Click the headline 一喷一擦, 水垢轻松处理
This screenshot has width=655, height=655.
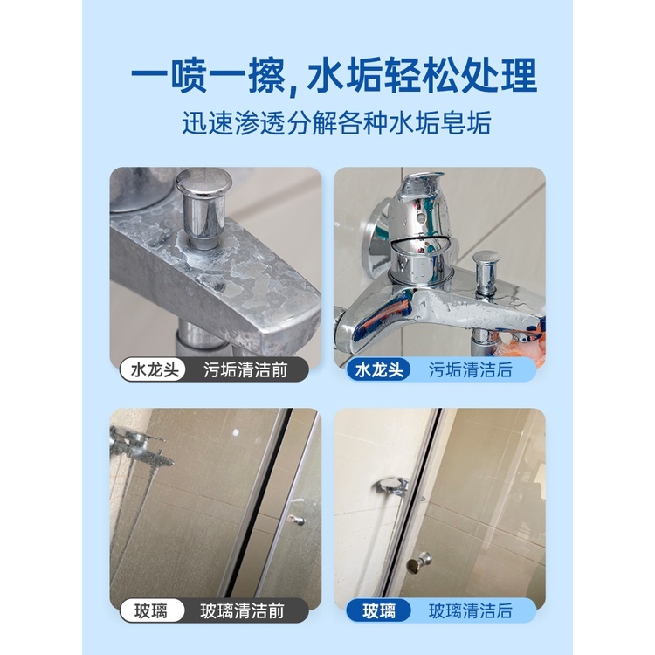(334, 76)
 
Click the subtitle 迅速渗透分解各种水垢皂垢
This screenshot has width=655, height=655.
(336, 123)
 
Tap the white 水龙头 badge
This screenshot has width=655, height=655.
(153, 369)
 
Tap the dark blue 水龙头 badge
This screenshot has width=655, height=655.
(378, 369)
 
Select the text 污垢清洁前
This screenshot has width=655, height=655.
(245, 370)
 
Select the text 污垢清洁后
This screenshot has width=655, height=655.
(471, 370)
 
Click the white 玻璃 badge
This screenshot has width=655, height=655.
(152, 610)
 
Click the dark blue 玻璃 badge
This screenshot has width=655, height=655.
(378, 610)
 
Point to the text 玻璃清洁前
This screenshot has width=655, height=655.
(242, 611)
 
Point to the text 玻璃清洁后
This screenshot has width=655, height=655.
(471, 611)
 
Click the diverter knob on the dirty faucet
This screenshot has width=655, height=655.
(203, 207)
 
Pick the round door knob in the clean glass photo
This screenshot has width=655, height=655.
(419, 562)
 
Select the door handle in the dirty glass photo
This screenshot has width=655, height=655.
(296, 520)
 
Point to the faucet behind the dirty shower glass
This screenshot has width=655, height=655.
(140, 447)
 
